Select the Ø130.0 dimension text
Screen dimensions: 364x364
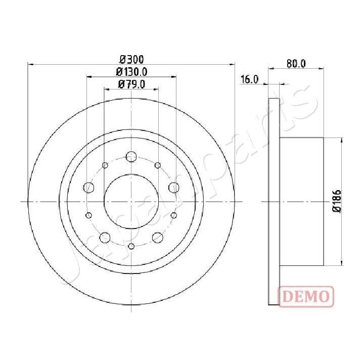pyautogui.click(x=131, y=72)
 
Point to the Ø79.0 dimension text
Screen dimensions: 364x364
pyautogui.click(x=131, y=84)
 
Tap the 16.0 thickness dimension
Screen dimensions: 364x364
pyautogui.click(x=250, y=79)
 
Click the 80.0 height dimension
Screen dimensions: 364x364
pyautogui.click(x=296, y=64)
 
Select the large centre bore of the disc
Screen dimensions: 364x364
pyautogui.click(x=131, y=201)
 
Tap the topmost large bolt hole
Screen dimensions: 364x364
pyautogui.click(x=131, y=156)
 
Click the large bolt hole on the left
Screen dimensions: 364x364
pyautogui.click(x=89, y=188)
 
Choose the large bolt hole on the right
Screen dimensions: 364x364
pyautogui.click(x=174, y=188)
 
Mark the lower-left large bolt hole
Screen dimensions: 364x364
pyautogui.click(x=105, y=237)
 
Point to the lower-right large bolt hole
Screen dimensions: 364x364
pyautogui.click(x=158, y=237)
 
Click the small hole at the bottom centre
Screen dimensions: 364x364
pyautogui.click(x=131, y=246)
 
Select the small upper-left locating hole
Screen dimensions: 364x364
pyautogui.click(x=105, y=165)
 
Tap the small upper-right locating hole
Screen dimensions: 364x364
pyautogui.click(x=158, y=165)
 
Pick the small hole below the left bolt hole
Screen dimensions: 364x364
pyautogui.click(x=89, y=215)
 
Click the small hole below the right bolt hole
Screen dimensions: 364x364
pyautogui.click(x=174, y=215)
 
